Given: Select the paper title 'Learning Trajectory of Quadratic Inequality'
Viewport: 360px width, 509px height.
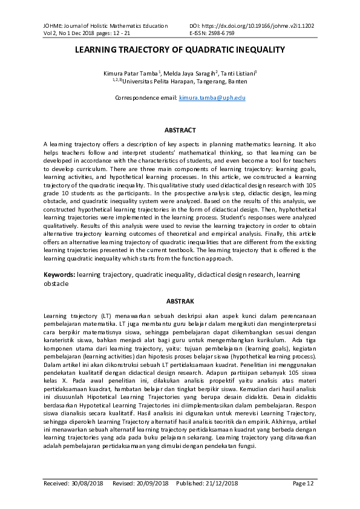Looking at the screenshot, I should click(180, 51).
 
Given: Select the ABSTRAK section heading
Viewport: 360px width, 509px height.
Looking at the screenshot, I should click(180, 300).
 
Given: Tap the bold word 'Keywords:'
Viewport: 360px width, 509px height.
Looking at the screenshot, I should click(59, 274).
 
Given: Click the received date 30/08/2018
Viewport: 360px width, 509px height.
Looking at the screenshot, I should click(88, 484).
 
